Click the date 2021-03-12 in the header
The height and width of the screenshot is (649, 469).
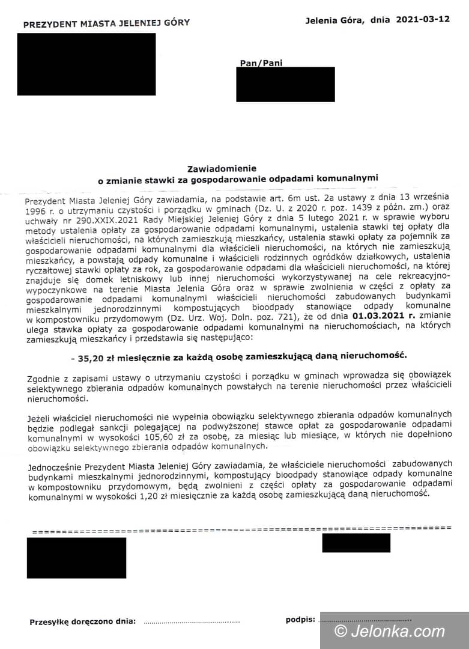(x=423, y=19)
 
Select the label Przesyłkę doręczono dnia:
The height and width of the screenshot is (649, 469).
(x=83, y=622)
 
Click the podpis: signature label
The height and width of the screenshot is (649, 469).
(x=300, y=620)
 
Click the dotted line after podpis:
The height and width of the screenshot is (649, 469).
(x=365, y=621)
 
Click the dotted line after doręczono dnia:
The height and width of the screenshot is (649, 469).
(x=192, y=622)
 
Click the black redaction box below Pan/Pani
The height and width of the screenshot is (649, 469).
(x=285, y=84)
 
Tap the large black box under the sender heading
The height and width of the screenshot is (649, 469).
(x=86, y=64)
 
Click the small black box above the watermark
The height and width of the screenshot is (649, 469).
(x=356, y=543)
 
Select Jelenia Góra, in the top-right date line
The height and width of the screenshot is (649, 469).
(x=334, y=20)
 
